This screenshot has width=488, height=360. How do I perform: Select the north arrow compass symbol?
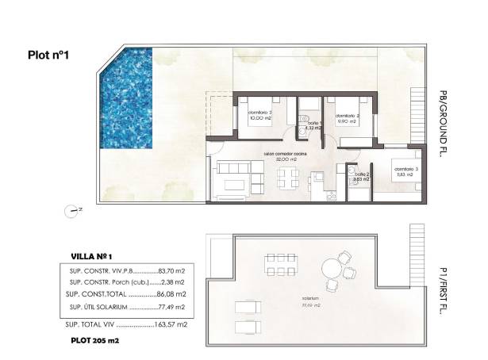(x=73, y=209)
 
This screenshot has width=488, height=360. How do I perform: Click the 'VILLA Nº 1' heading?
(x=92, y=256)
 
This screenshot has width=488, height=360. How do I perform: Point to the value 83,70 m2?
(x=172, y=270)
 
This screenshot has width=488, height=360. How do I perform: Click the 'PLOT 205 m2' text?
(x=95, y=341)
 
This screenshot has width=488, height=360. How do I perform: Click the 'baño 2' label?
(x=362, y=177)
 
